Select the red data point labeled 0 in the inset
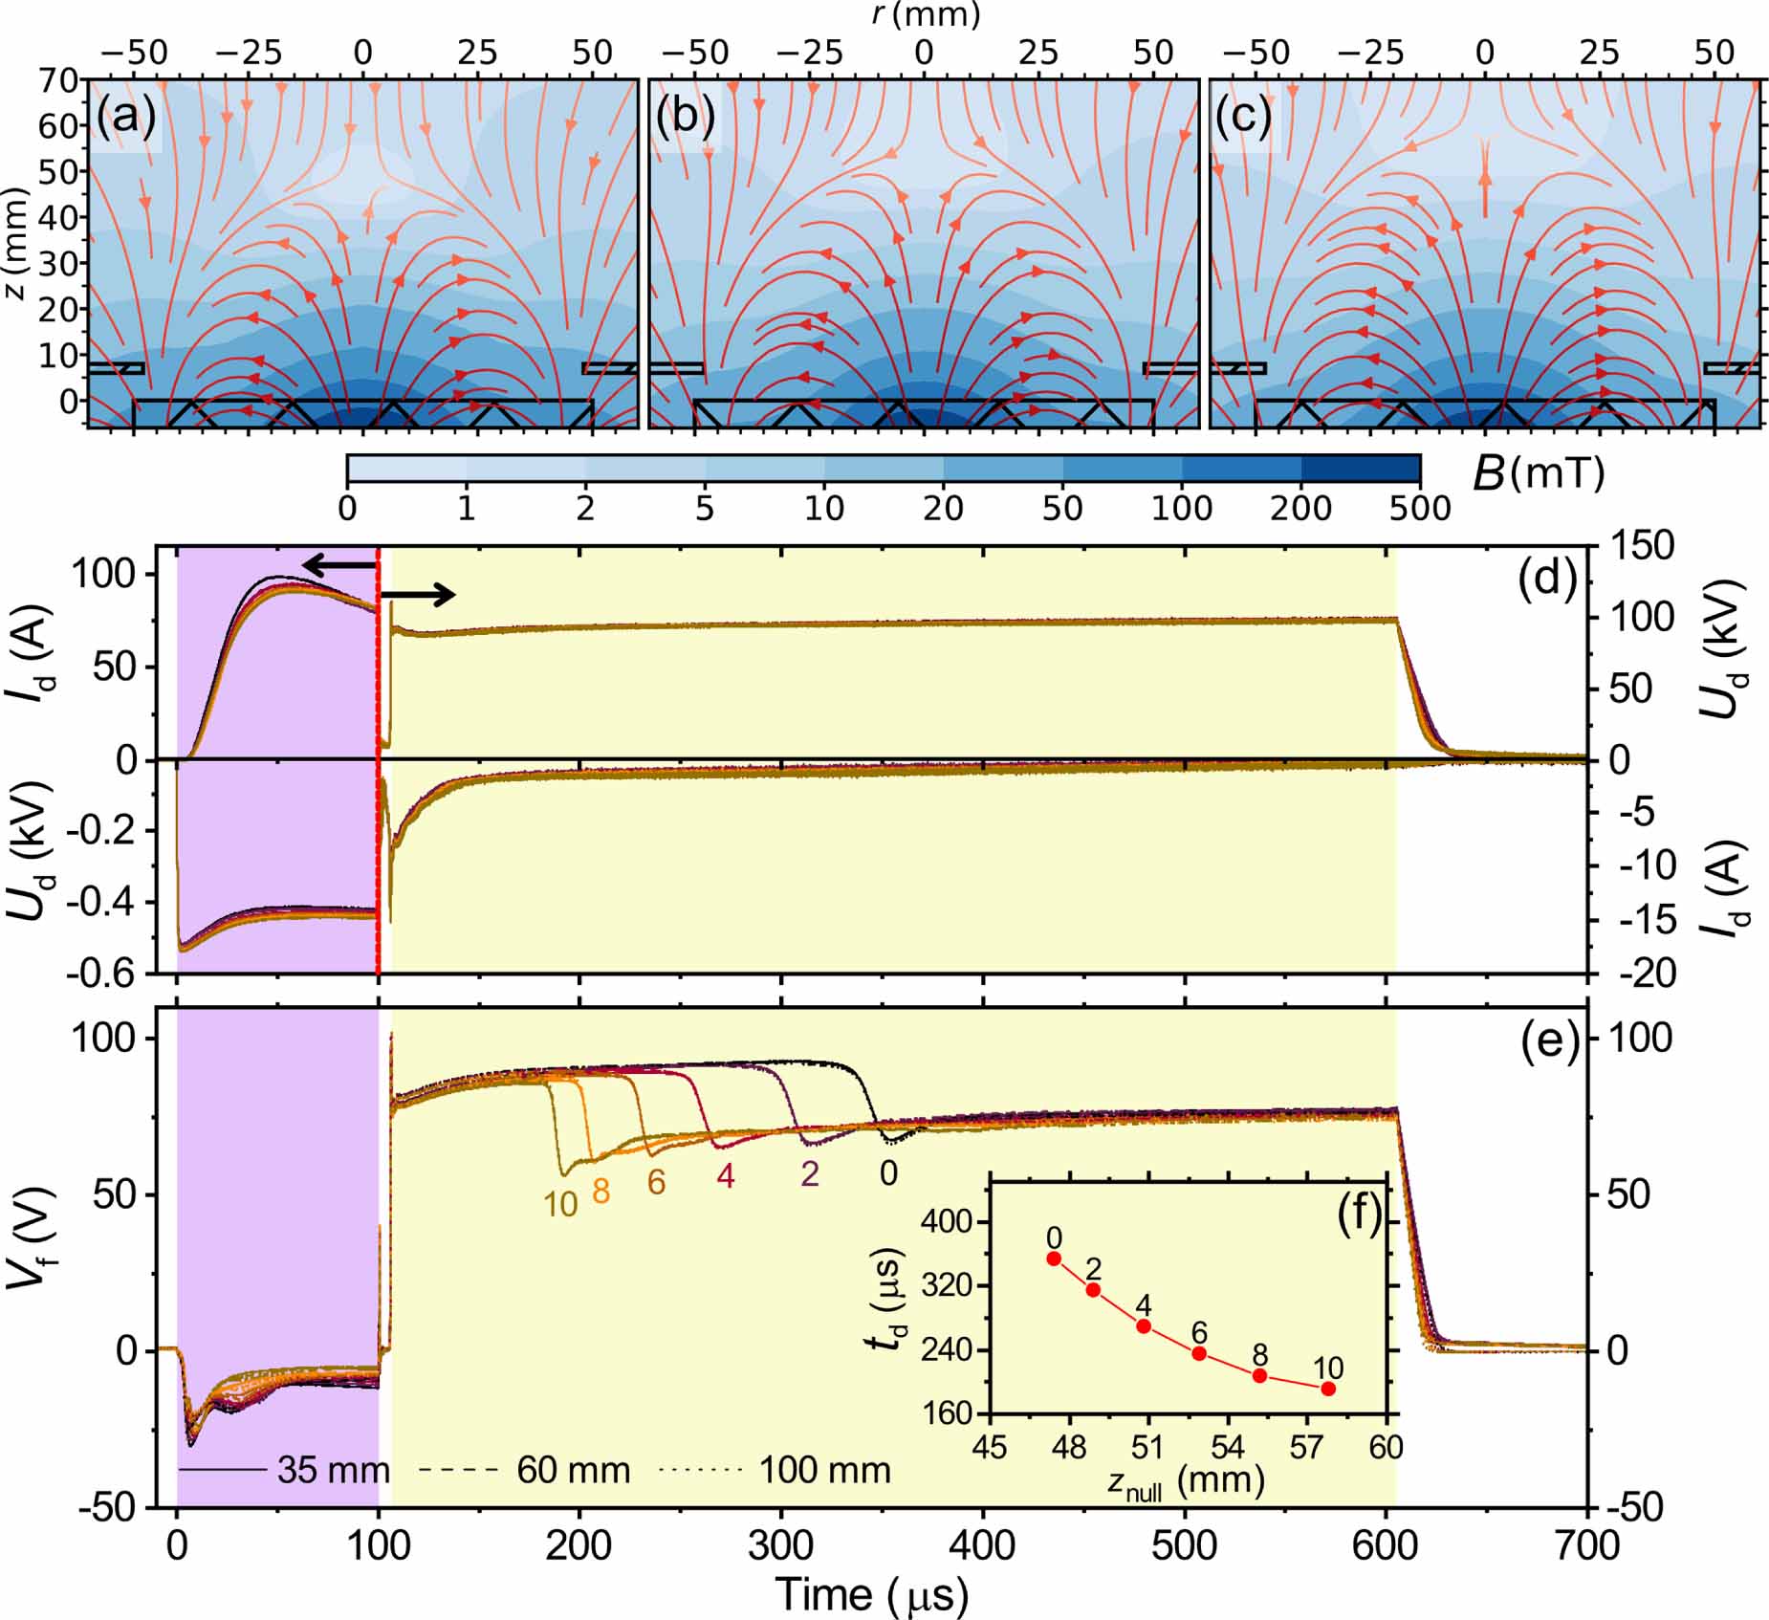[x=1054, y=1259]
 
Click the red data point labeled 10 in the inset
[x=1327, y=1389]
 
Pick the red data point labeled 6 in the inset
[x=1199, y=1353]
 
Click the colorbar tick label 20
[x=943, y=509]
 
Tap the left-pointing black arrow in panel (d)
[x=339, y=566]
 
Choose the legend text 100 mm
[x=824, y=1470]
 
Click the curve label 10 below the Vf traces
[x=560, y=1205]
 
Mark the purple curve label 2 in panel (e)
[x=810, y=1174]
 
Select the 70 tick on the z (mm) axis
[x=58, y=80]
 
